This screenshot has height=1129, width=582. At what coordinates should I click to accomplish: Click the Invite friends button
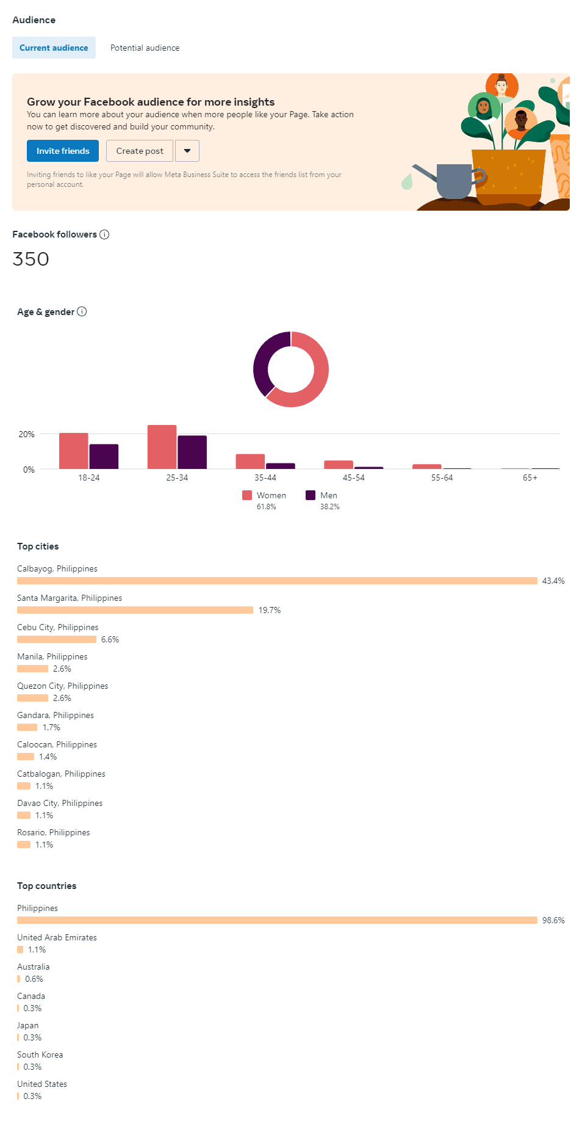(63, 151)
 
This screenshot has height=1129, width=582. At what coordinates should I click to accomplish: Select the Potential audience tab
(145, 48)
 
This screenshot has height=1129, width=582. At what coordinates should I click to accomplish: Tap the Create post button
(140, 151)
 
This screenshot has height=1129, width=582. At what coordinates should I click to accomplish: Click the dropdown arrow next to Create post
(187, 151)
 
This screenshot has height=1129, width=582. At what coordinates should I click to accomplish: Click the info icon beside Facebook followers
(104, 234)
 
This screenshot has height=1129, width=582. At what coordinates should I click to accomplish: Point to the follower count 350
(31, 259)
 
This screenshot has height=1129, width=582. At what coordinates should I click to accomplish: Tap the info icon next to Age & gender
(82, 311)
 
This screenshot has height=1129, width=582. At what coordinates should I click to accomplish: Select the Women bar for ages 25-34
(162, 447)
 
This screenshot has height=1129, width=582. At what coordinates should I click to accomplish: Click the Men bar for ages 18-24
(104, 456)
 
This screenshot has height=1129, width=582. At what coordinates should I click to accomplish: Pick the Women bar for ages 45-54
(339, 465)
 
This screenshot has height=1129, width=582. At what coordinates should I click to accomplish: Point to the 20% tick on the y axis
(26, 434)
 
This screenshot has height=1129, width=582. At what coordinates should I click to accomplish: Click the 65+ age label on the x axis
(530, 477)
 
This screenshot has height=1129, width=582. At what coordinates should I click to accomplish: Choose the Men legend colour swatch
(311, 495)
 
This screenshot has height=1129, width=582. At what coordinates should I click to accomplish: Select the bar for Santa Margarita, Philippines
(135, 610)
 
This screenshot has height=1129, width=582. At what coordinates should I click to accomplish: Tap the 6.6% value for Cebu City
(110, 639)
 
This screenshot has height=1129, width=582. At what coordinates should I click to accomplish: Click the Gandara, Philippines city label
(56, 715)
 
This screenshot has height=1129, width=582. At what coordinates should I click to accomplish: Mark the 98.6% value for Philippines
(553, 920)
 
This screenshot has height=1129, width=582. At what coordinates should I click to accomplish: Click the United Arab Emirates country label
(57, 937)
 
